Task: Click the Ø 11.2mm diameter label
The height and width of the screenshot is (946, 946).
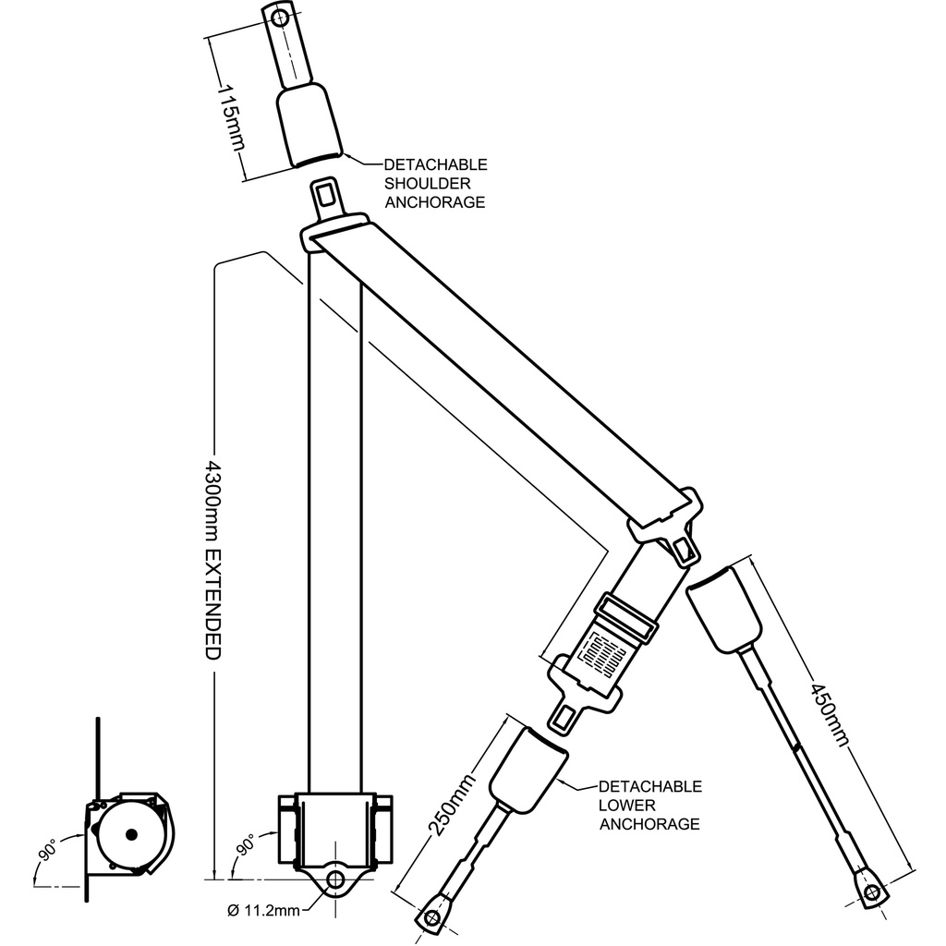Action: (x=262, y=911)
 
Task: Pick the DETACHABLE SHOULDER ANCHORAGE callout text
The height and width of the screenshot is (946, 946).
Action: (x=434, y=183)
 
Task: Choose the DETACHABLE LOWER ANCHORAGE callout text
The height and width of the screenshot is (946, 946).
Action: (x=649, y=805)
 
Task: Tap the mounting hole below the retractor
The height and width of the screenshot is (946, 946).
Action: (x=334, y=879)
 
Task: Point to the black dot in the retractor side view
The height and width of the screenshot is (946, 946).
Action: (x=131, y=834)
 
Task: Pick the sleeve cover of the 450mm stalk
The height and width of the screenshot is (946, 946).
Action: (x=726, y=609)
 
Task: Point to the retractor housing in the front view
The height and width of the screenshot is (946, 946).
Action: (x=334, y=829)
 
